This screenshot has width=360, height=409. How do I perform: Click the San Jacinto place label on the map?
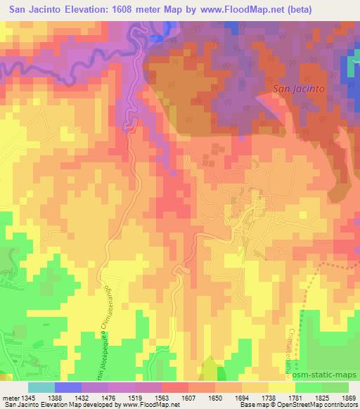pyautogui.click(x=298, y=89)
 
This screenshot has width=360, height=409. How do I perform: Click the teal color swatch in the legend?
pyautogui.click(x=41, y=387)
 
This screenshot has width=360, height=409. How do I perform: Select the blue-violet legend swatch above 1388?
pyautogui.click(x=67, y=387)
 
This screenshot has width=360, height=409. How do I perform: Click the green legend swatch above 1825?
pyautogui.click(x=308, y=387)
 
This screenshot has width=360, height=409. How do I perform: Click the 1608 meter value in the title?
pyautogui.click(x=157, y=9)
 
